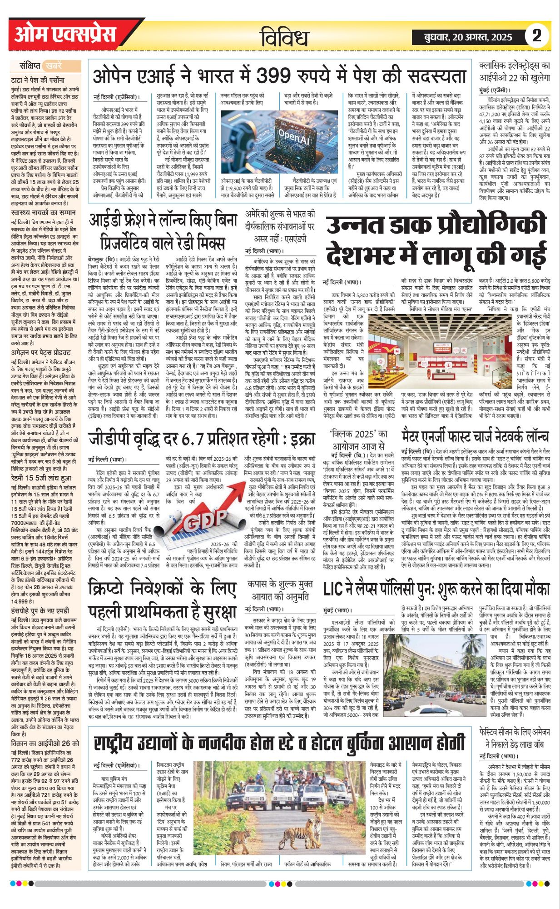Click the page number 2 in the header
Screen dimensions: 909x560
[537, 36]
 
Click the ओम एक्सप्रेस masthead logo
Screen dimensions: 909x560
[65, 35]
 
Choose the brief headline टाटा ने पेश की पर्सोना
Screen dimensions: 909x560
[38, 80]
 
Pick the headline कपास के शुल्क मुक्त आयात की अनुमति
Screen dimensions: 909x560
[279, 589]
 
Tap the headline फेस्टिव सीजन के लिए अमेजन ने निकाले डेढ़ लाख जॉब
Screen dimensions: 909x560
[515, 739]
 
